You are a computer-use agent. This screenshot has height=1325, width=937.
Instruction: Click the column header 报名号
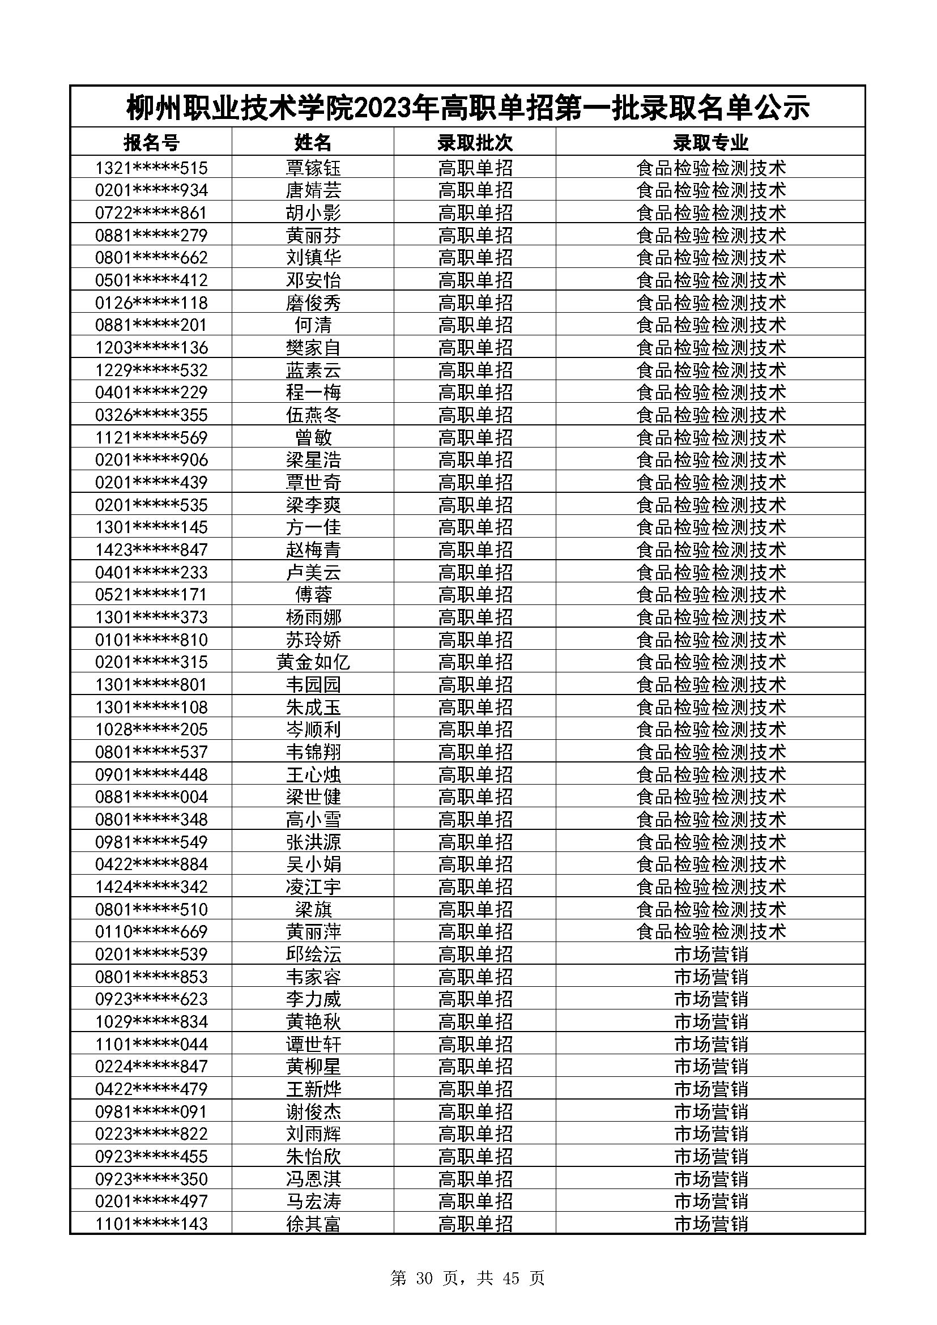[x=151, y=143]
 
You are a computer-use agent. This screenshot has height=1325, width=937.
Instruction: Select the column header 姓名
[x=313, y=143]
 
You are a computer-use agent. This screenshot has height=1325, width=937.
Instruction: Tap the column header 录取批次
[x=475, y=143]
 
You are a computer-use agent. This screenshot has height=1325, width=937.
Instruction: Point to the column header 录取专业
[x=710, y=143]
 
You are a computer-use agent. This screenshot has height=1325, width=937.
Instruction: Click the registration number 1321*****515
[x=151, y=168]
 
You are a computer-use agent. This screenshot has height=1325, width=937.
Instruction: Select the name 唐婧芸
[x=313, y=190]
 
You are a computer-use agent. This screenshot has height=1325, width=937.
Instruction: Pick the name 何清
[x=313, y=325]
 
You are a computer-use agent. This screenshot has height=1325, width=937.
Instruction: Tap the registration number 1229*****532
[x=151, y=370]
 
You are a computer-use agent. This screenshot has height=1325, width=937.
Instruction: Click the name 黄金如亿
[x=313, y=662]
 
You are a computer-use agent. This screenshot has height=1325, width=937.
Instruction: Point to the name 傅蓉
[x=313, y=594]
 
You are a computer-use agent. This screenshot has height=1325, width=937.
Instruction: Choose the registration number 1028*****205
[x=151, y=730]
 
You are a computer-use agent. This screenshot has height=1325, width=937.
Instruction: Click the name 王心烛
[x=313, y=774]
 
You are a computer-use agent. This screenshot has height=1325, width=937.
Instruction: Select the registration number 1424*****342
[x=151, y=887]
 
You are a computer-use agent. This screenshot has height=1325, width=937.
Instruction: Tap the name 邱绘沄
[x=313, y=954]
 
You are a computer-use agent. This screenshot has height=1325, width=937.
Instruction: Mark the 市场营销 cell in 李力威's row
[x=710, y=999]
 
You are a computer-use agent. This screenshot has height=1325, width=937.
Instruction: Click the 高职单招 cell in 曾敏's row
[x=475, y=437]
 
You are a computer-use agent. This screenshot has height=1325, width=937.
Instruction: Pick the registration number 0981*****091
[x=151, y=1111]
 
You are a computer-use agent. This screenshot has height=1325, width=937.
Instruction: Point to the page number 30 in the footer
[x=424, y=1278]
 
